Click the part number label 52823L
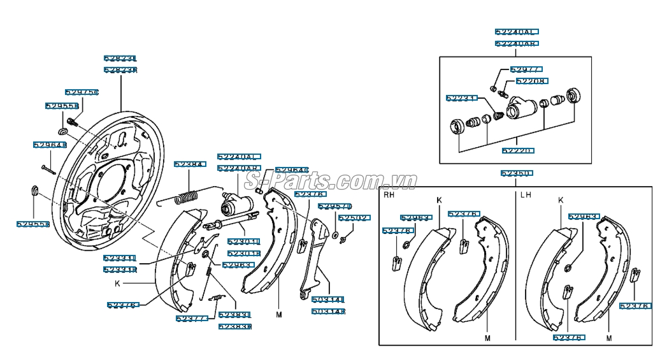[120, 59]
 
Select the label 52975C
[82, 92]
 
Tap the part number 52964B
[50, 145]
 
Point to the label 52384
[190, 164]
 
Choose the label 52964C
[292, 170]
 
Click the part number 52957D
[334, 206]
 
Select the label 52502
[354, 218]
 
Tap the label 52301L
[244, 242]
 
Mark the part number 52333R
[120, 270]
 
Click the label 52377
[191, 318]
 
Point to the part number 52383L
[234, 315]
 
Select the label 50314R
[328, 312]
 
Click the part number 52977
[526, 69]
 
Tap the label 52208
[531, 82]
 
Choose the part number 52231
[461, 98]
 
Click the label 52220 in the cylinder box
[517, 151]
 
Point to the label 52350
[516, 173]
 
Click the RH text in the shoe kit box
[389, 195]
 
